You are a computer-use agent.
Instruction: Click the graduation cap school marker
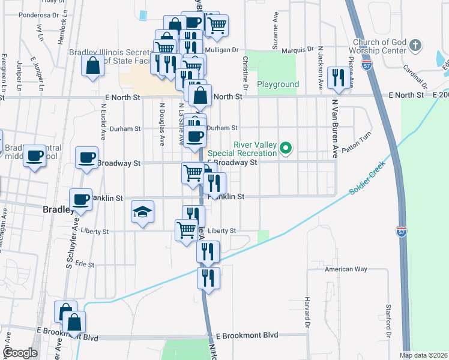coord(143,212)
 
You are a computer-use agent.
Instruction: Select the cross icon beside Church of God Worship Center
coord(415,45)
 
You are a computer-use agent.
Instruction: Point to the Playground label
coord(278,85)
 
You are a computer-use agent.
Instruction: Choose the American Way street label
coord(346,269)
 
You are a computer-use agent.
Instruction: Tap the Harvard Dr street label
coord(306,307)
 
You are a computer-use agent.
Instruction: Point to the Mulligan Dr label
coord(221,50)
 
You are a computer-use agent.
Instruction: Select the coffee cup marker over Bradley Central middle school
coord(35,155)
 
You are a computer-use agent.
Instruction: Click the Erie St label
coord(85,264)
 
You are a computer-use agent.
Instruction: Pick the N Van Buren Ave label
coord(334,124)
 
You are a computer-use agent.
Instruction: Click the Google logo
coord(19,353)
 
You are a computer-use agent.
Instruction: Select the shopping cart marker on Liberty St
coord(186,229)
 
